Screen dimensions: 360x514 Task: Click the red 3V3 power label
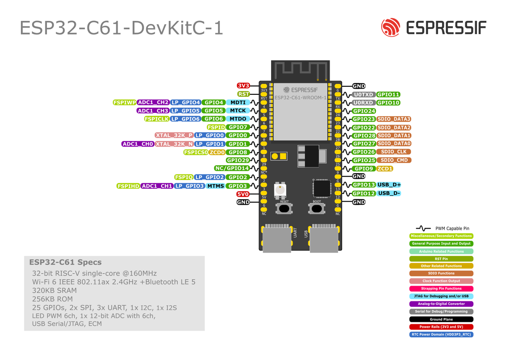243,86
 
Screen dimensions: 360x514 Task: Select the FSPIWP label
124,102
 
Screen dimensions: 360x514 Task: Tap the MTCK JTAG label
238,110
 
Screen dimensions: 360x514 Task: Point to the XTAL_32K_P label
174,135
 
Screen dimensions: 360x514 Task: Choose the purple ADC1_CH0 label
138,144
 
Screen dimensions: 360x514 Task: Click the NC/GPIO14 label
232,168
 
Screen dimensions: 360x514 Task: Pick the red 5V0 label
243,194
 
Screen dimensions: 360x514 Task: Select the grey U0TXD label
363,95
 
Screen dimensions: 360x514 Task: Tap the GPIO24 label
364,111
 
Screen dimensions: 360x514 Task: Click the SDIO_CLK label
394,152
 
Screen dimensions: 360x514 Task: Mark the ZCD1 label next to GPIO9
385,169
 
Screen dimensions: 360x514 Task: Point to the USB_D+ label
389,185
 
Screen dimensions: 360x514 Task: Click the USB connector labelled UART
277,238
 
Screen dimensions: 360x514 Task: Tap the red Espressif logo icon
391,27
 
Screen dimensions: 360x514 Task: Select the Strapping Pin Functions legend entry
441,288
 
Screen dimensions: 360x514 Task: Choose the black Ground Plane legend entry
441,319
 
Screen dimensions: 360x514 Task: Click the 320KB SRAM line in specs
54,290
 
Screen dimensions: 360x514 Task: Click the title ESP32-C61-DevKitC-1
121,28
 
